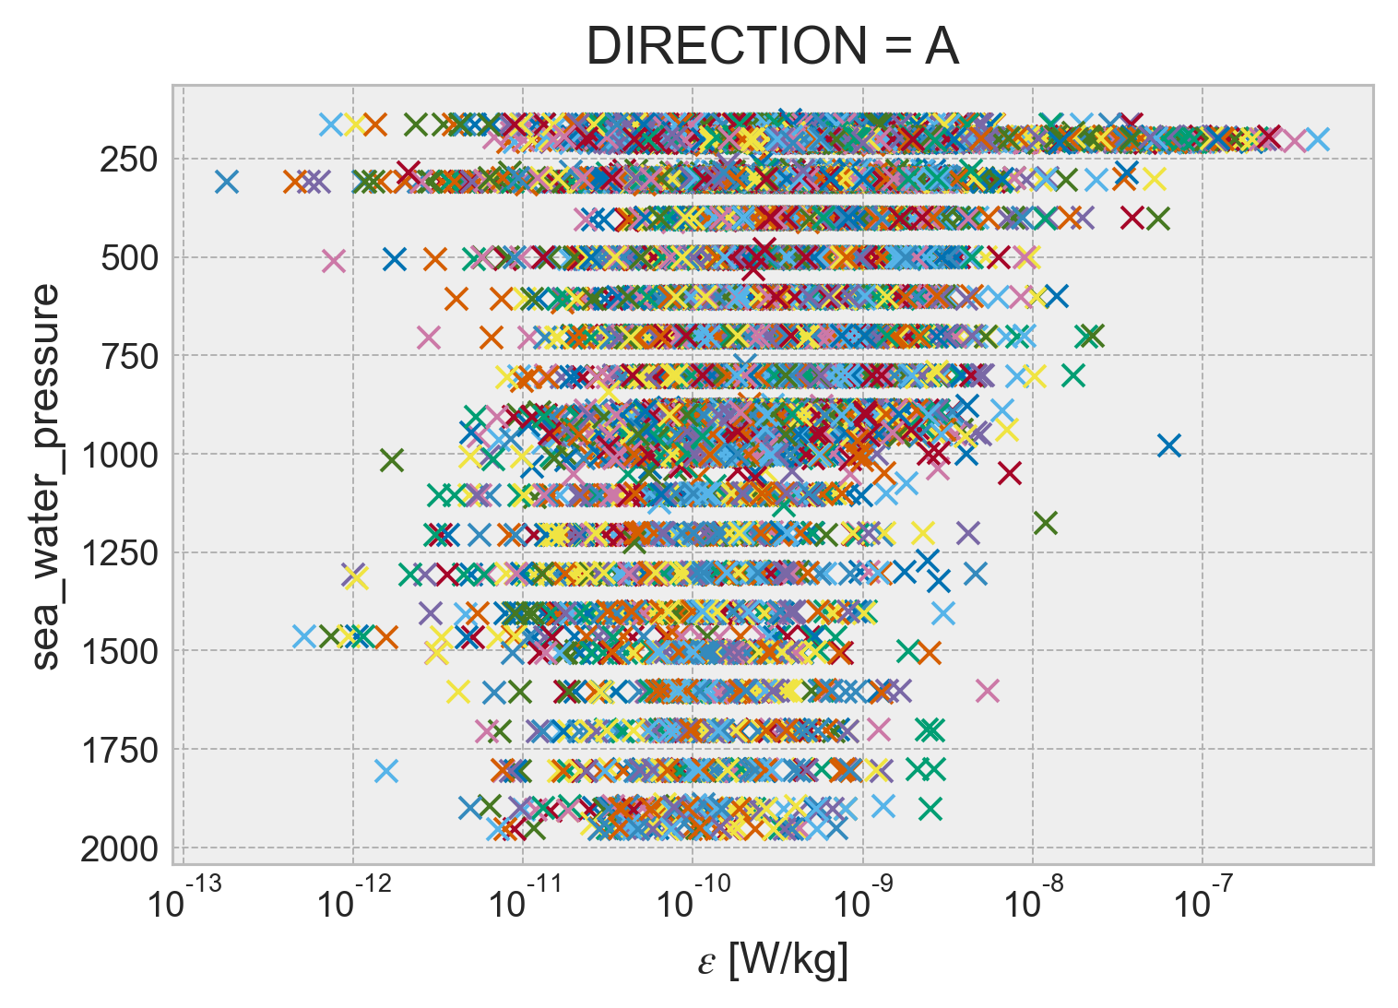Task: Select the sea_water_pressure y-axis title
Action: click(x=46, y=476)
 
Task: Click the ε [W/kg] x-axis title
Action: click(x=773, y=961)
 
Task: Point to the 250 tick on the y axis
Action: click(x=128, y=160)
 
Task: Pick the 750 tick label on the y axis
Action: click(x=128, y=356)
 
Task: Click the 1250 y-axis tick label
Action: click(x=120, y=553)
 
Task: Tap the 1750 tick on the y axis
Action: click(x=120, y=751)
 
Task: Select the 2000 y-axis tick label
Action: click(x=120, y=848)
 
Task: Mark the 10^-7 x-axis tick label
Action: click(x=1202, y=902)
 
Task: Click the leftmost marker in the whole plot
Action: click(x=227, y=181)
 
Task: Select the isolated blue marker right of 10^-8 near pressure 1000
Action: click(x=1169, y=445)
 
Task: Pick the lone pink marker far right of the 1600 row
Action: click(x=988, y=690)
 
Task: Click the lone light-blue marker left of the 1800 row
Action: click(x=386, y=770)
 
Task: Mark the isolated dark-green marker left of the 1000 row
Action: click(x=392, y=459)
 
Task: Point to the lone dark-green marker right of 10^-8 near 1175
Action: click(x=1045, y=524)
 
